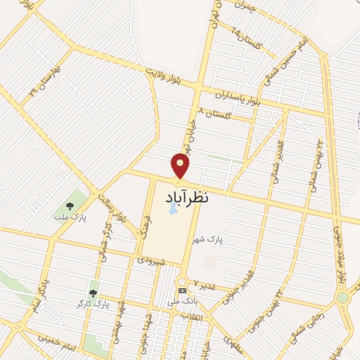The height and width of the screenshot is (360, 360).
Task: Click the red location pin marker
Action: (x=181, y=165)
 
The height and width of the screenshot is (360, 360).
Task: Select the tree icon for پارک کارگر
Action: (x=92, y=292)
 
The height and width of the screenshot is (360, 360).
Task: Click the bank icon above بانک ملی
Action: (x=182, y=290)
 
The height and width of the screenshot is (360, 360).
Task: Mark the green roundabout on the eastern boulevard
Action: (x=342, y=297)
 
